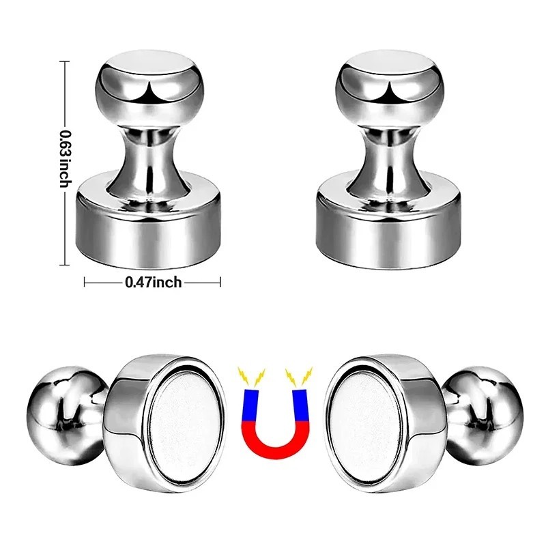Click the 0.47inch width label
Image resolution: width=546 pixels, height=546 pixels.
152,281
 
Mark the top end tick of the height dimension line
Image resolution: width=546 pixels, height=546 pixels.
66,61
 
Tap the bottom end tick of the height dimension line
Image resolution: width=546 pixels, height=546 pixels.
66,263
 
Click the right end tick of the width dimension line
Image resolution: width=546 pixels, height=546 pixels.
220,281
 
